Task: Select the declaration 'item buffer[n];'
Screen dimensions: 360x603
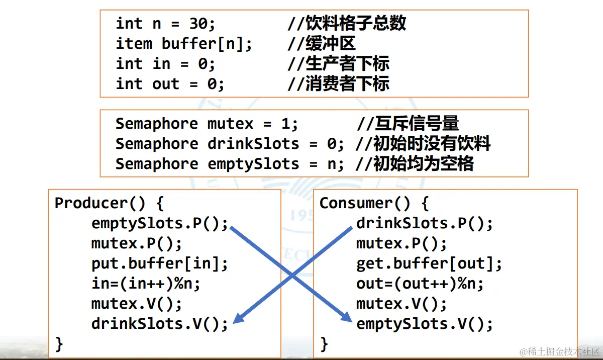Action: (184, 44)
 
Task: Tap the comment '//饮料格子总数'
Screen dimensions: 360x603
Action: (347, 24)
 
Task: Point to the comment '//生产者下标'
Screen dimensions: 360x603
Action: (338, 64)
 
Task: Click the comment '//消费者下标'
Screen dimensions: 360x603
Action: (338, 84)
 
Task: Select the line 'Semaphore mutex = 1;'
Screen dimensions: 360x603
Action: (207, 124)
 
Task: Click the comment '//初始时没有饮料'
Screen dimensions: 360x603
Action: (423, 144)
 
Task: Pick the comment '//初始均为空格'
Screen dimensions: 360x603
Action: (414, 164)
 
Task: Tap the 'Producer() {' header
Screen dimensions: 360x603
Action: (109, 203)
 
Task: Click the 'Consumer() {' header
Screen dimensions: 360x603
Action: (374, 203)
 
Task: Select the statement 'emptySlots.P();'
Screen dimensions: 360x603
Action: (160, 223)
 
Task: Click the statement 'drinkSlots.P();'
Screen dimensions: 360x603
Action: (425, 223)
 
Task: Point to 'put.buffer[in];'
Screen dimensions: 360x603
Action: (160, 263)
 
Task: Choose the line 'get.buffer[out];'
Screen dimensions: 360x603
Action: (429, 263)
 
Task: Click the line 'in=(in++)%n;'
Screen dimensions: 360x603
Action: (146, 284)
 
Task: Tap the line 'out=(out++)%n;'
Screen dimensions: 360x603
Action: (420, 284)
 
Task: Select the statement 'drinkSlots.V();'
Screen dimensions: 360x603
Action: (160, 324)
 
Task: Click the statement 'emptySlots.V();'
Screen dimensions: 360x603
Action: (425, 324)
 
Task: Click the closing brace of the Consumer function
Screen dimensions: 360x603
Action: (324, 344)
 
